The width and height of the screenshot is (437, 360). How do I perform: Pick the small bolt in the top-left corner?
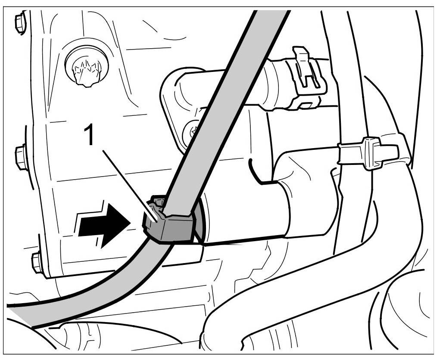pyautogui.click(x=20, y=23)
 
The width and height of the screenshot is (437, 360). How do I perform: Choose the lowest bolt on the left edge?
pyautogui.click(x=37, y=262)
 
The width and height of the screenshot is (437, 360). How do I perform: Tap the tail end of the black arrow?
pyautogui.click(x=80, y=226)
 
